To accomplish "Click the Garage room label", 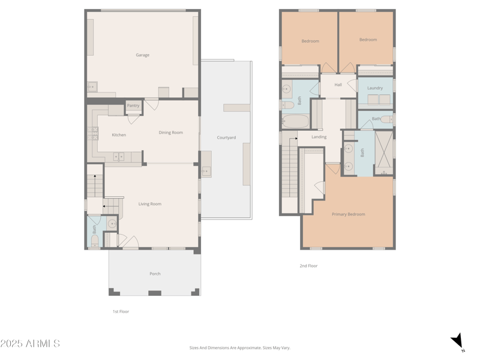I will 142,55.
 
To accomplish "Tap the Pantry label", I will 133,106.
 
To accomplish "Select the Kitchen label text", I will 119,135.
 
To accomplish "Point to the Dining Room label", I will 170,133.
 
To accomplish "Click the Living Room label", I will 149,204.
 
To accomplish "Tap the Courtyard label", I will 226,138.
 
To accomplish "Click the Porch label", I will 155,274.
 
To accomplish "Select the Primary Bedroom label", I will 348,214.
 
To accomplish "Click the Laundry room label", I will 375,88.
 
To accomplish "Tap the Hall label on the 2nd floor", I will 338,85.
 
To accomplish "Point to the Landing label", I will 319,137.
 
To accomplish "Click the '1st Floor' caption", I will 121,311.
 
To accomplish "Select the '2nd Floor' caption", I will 308,266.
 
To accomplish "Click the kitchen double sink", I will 119,157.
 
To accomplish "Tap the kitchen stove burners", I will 94,133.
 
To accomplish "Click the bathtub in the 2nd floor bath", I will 295,122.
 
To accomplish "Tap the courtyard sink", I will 206,172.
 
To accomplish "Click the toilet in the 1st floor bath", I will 94,241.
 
